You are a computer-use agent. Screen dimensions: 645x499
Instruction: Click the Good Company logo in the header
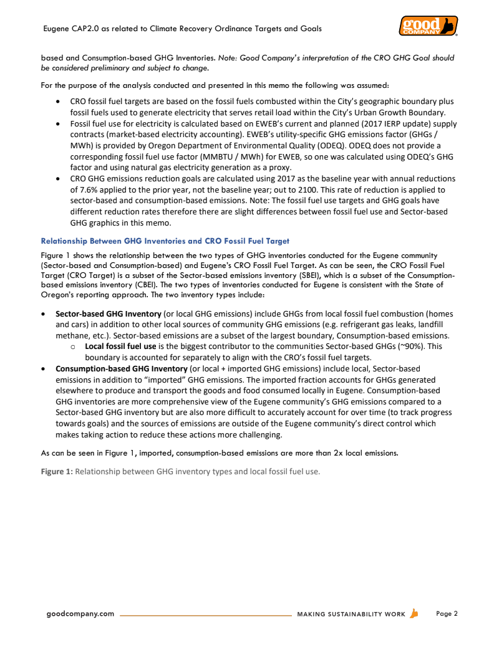pyautogui.click(x=428, y=26)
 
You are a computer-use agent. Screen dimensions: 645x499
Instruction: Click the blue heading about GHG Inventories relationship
pyautogui.click(x=165, y=241)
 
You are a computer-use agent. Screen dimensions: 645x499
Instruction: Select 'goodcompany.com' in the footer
pyautogui.click(x=80, y=614)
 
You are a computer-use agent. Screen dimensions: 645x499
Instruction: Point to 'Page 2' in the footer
pyautogui.click(x=447, y=614)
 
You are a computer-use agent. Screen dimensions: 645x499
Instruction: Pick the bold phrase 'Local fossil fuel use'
pyautogui.click(x=120, y=346)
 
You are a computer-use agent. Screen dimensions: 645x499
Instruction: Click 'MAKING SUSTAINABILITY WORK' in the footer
pyautogui.click(x=351, y=614)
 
